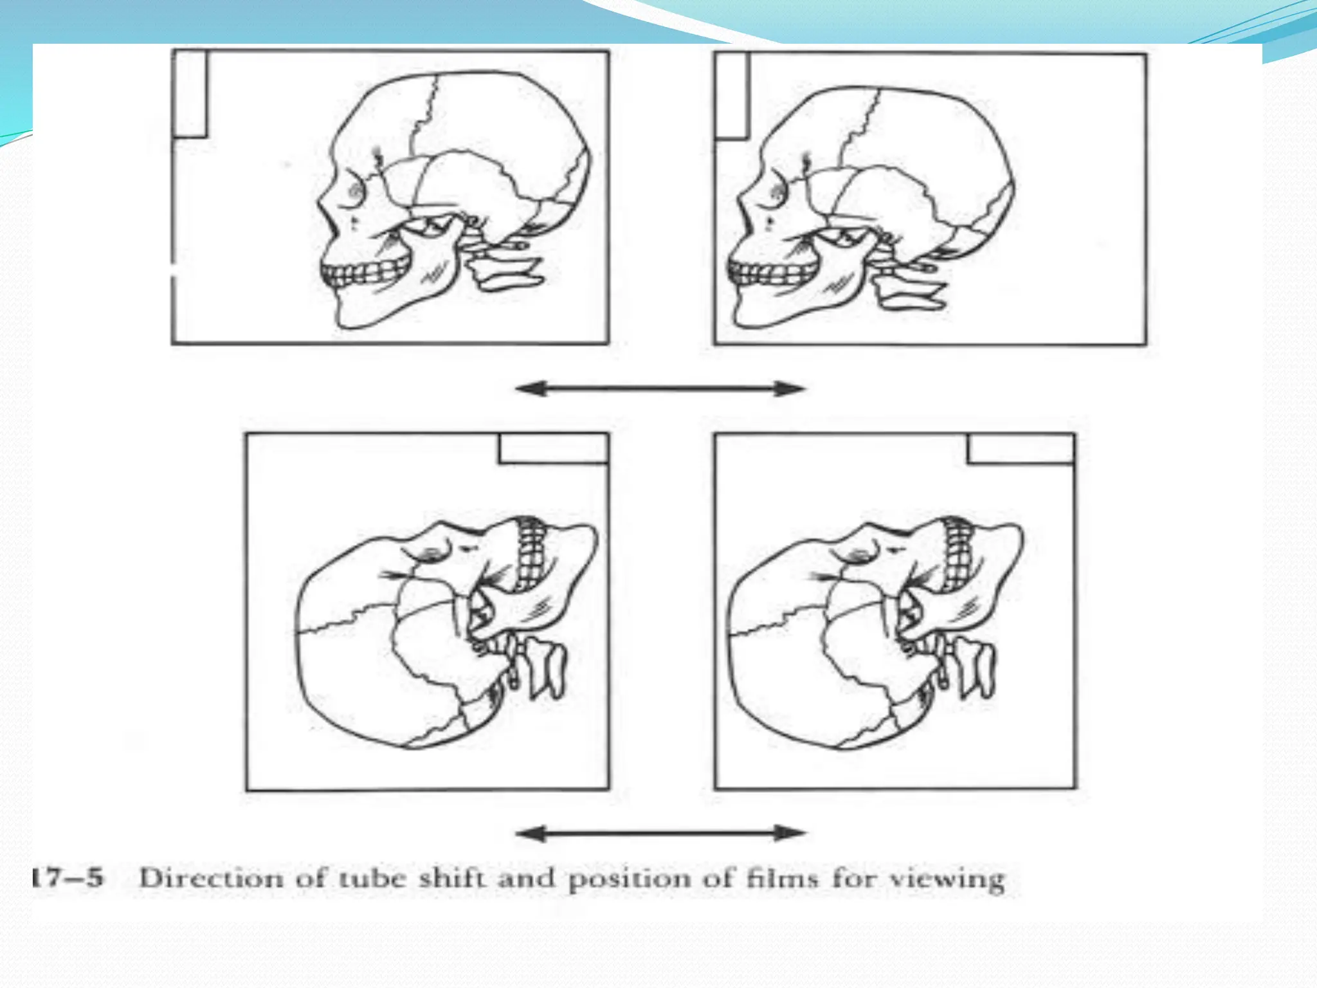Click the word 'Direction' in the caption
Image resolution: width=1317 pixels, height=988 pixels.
point(211,878)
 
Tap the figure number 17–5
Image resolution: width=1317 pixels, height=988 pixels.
point(67,877)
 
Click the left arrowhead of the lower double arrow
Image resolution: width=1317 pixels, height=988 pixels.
point(531,834)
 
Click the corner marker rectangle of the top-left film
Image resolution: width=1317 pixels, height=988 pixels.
point(190,94)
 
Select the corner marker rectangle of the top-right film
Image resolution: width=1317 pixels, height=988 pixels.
point(732,96)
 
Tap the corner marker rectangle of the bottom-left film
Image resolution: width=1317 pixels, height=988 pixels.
point(554,448)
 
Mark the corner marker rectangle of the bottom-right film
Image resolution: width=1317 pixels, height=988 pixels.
point(1021,448)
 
